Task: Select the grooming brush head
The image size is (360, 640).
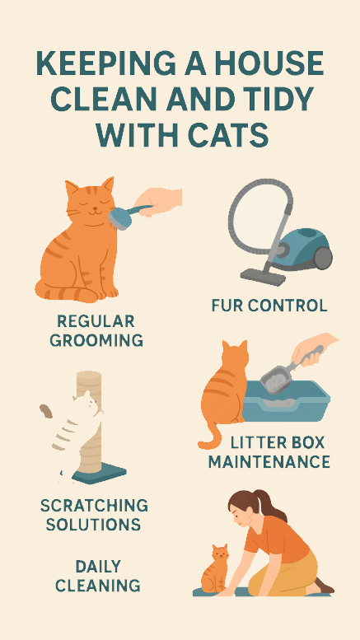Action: click(119, 217)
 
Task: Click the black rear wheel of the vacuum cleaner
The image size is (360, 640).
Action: click(322, 258)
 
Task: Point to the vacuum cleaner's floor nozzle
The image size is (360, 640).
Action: click(264, 277)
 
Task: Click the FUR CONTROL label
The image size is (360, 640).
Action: click(269, 306)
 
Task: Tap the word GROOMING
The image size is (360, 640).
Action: click(96, 340)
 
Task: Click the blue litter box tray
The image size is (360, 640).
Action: click(286, 402)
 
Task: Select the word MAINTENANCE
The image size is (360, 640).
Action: click(269, 462)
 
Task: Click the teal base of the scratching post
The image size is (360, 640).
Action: click(99, 474)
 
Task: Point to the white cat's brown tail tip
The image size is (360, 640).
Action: click(46, 411)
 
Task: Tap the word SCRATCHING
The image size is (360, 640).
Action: click(94, 506)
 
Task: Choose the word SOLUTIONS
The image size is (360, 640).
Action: click(93, 524)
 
